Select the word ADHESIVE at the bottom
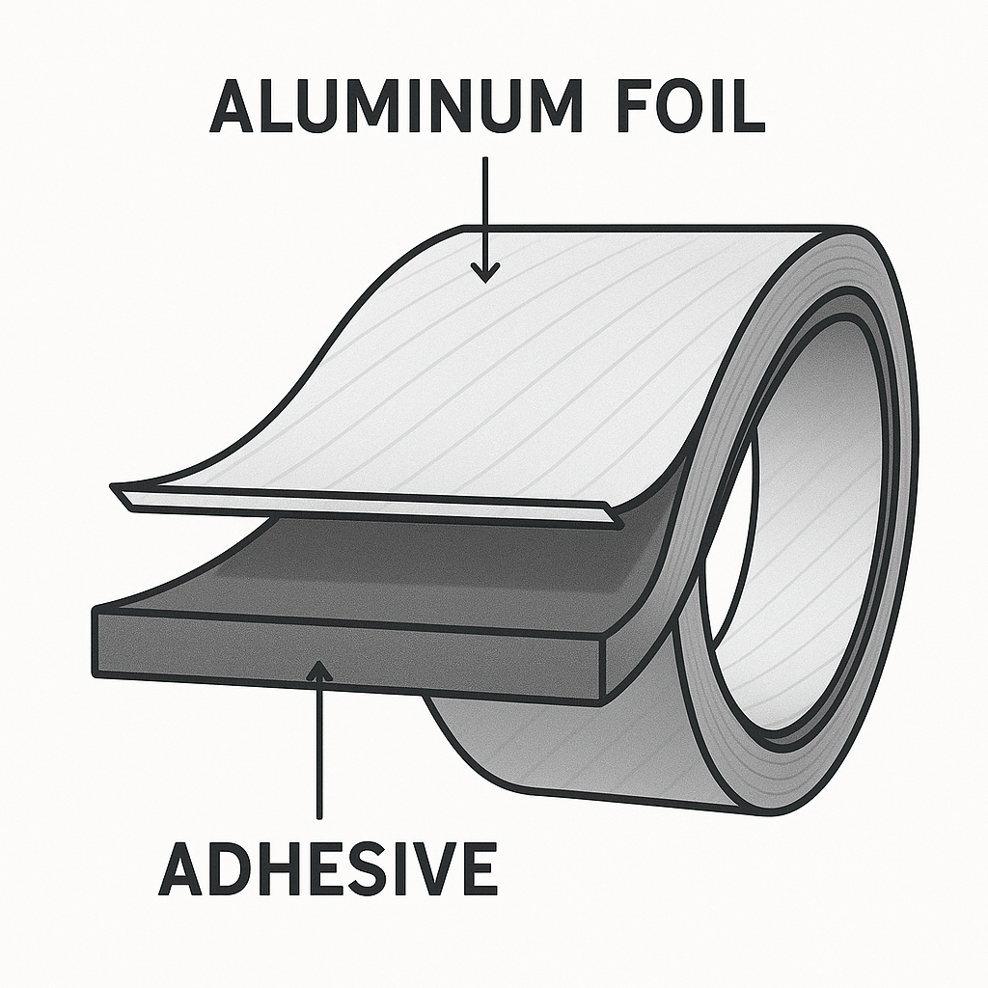point(328,867)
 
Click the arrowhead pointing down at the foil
point(484,271)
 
